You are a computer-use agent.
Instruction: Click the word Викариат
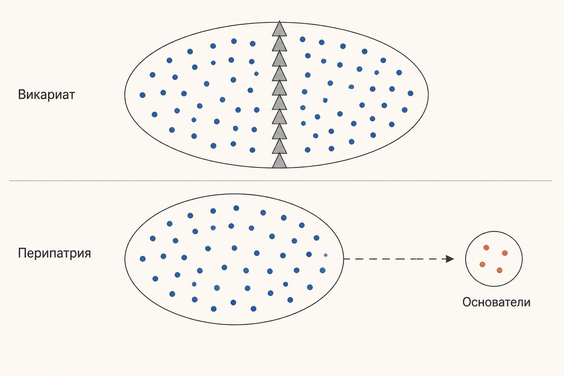(x=46, y=95)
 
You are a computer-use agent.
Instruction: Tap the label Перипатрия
(x=54, y=253)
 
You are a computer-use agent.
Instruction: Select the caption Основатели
(x=496, y=302)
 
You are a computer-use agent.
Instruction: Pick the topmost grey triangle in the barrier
(x=279, y=29)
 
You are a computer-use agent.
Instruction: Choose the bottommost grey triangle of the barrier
(x=279, y=160)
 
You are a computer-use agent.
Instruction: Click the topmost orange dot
(x=486, y=247)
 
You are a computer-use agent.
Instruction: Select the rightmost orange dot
(x=505, y=253)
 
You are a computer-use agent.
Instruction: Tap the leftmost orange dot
(x=482, y=264)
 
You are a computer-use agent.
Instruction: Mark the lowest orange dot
(x=499, y=270)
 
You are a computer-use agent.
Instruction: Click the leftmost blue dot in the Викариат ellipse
(x=142, y=95)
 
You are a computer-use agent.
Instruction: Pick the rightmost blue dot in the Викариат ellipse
(x=411, y=93)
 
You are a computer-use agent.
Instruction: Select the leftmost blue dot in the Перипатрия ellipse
(x=142, y=258)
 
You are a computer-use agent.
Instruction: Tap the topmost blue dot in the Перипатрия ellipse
(x=236, y=208)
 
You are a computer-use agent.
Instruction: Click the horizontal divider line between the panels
(x=281, y=181)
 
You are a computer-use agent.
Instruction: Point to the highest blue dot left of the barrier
(x=234, y=41)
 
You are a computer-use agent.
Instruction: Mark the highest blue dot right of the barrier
(x=303, y=39)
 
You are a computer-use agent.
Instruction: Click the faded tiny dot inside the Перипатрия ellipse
(x=326, y=255)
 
